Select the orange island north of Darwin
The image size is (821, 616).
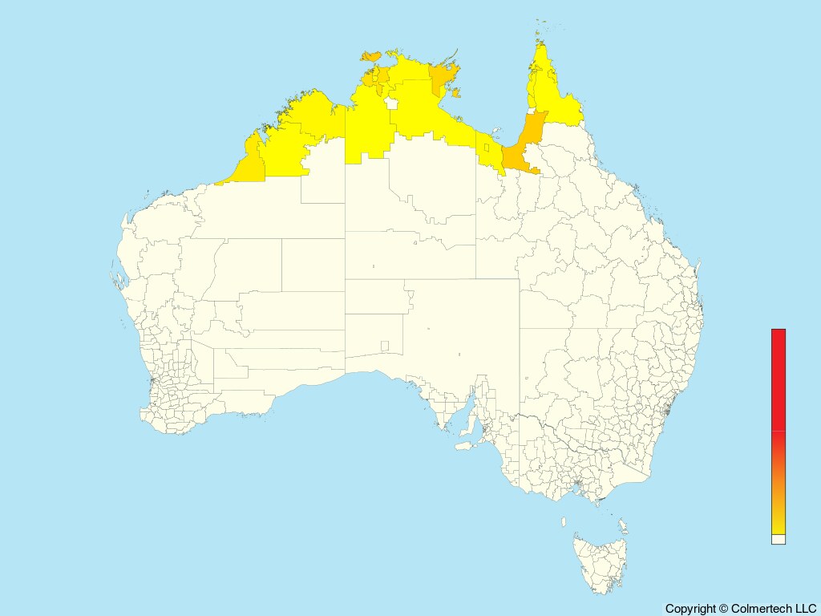point(370,56)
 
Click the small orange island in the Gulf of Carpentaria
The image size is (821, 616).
point(456,94)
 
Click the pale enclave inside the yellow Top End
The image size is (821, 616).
point(392,103)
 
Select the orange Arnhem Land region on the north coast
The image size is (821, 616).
point(442,78)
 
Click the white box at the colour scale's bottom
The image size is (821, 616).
point(779,540)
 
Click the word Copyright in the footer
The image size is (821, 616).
point(690,609)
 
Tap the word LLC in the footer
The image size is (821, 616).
point(805,609)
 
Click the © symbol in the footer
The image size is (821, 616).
point(723,609)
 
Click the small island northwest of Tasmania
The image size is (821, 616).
point(564,522)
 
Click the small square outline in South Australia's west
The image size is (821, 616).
point(385,346)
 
